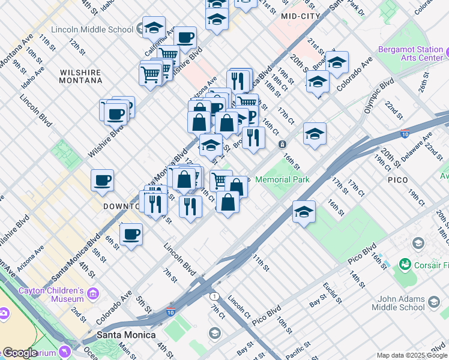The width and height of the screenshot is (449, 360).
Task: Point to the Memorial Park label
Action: [282, 179]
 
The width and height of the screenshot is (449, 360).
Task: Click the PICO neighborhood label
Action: [397, 179]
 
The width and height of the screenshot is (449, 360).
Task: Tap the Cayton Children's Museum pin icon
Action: [92, 293]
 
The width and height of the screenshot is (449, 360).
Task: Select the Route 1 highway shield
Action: [214, 296]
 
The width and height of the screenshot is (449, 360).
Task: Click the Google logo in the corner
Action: [19, 353]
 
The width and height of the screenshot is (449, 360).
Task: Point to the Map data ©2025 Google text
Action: [411, 355]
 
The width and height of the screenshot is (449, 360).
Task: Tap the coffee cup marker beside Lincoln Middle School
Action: [185, 37]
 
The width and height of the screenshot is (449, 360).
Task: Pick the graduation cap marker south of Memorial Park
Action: [304, 212]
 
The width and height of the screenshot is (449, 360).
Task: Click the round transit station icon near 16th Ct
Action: [282, 144]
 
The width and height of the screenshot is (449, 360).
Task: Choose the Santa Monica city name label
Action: [126, 335]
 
